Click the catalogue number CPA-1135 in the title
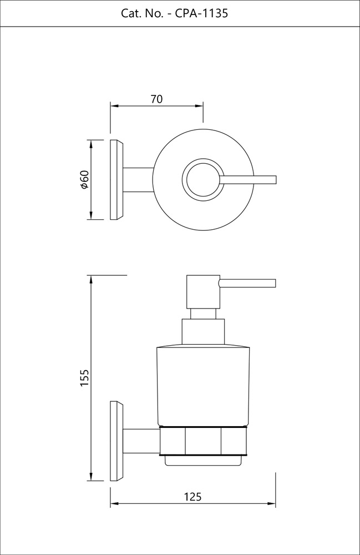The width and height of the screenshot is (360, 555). click(x=201, y=13)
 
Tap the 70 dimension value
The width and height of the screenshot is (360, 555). click(x=156, y=99)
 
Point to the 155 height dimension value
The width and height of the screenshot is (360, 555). click(x=84, y=377)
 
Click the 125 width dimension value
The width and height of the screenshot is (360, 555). click(x=192, y=497)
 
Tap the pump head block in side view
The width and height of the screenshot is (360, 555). click(x=203, y=291)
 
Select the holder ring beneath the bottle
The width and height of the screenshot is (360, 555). click(x=203, y=442)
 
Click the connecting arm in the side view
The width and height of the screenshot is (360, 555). click(x=141, y=441)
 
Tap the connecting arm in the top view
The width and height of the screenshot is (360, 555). click(x=138, y=180)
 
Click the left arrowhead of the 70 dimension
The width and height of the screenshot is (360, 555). click(x=114, y=105)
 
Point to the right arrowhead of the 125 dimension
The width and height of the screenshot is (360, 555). click(x=272, y=504)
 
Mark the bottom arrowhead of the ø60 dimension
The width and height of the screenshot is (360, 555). click(x=90, y=216)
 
